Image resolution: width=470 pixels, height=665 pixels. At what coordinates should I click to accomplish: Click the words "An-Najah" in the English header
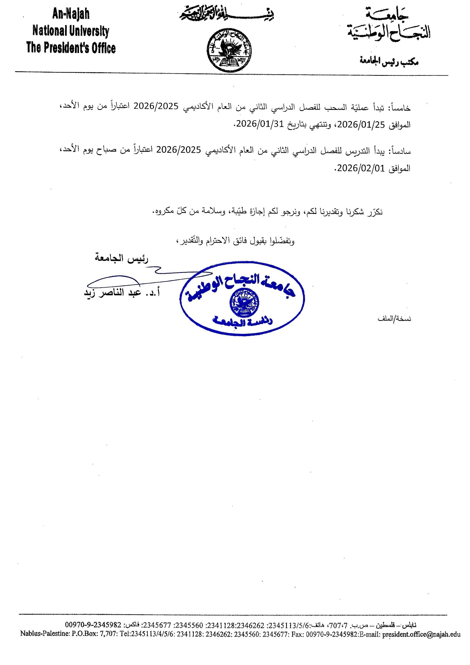pos(71,14)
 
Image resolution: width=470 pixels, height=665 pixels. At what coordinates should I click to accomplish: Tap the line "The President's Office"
pos(71,48)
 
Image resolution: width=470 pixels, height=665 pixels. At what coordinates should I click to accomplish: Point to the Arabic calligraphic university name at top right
pos(389,26)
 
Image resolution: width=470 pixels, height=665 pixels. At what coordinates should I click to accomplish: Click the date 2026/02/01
pos(361,168)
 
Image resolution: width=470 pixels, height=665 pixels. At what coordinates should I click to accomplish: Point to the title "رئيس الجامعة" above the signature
pos(121,258)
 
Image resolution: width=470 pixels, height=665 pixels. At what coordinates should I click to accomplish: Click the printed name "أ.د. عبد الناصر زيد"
pos(121,293)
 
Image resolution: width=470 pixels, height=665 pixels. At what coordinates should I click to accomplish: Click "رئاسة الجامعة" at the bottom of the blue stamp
pos(243,322)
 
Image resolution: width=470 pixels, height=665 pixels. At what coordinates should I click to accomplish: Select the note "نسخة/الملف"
pos(394,319)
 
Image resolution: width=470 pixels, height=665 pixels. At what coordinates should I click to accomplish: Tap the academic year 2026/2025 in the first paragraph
pos(156,106)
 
